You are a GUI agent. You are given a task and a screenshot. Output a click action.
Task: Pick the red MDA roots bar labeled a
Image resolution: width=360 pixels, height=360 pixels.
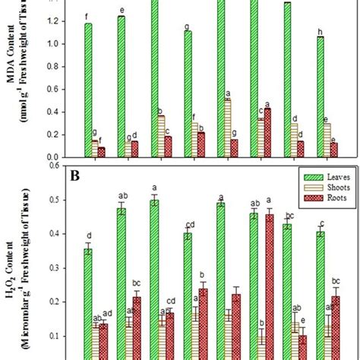pyautogui.click(x=267, y=132)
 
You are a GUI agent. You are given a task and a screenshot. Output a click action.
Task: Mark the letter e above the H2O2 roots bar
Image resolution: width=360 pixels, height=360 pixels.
pyautogui.click(x=304, y=321)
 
